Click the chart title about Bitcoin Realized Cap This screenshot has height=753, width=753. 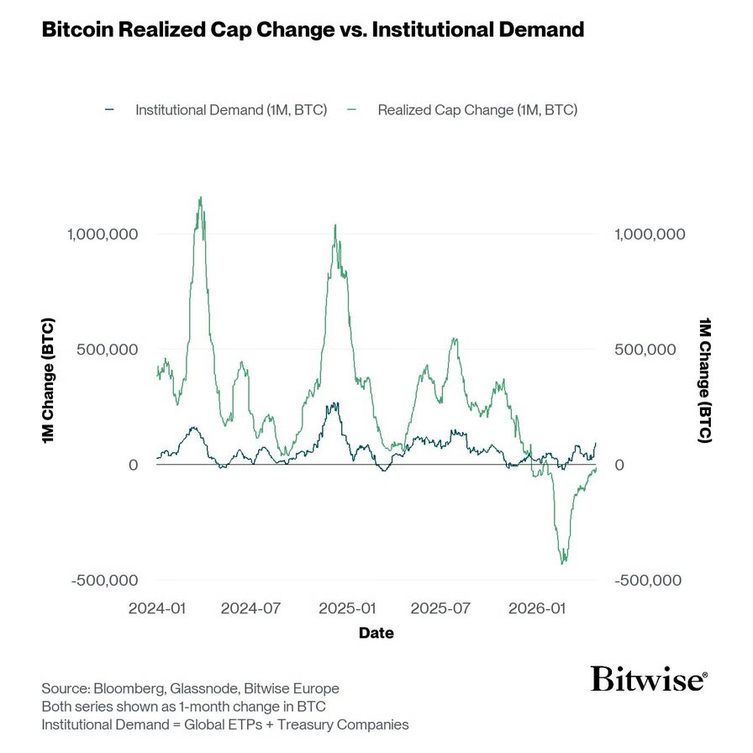coord(313,30)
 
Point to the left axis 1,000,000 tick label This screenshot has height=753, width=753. coord(102,234)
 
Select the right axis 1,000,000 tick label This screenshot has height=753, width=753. coord(650,234)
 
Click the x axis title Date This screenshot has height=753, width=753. coord(376,633)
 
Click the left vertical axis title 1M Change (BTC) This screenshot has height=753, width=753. coord(49,381)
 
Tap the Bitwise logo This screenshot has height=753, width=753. coord(648,678)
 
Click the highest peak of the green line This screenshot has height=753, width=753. coord(200,198)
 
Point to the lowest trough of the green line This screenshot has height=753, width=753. coord(563,563)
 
